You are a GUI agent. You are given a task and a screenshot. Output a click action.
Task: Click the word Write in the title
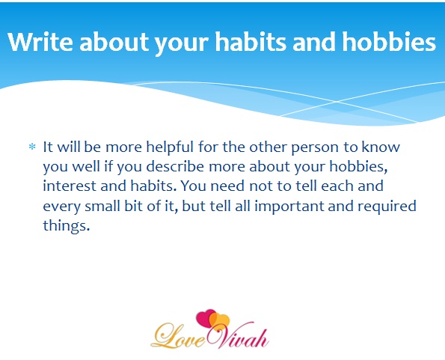click(x=40, y=42)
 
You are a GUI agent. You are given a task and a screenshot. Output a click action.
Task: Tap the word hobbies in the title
click(x=389, y=42)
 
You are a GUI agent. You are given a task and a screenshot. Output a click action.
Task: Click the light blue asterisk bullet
click(x=32, y=147)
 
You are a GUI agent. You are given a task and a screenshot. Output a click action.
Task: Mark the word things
click(x=67, y=226)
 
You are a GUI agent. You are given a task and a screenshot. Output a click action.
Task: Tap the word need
click(x=227, y=186)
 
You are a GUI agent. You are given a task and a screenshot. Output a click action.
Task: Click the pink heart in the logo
click(x=205, y=318)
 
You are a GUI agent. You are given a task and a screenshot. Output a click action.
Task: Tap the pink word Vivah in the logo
click(x=238, y=337)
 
